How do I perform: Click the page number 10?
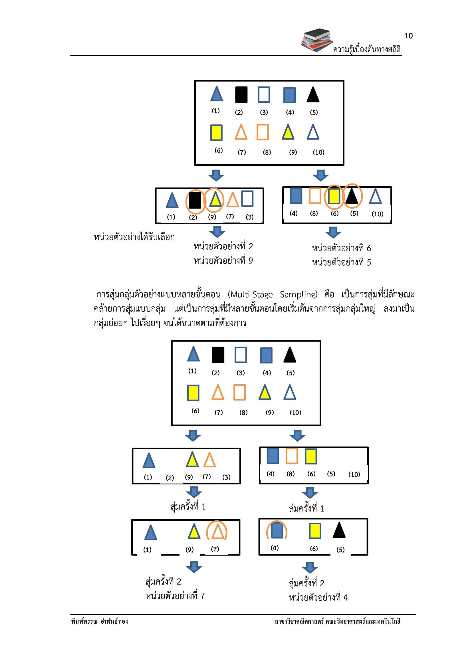[x=408, y=36]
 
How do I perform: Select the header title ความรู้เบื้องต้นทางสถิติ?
[x=367, y=49]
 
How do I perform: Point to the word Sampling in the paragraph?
[x=298, y=295]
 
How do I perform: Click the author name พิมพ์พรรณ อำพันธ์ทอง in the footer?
[x=99, y=622]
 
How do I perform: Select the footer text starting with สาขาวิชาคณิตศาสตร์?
[x=337, y=622]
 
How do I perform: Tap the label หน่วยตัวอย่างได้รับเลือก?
[x=134, y=237]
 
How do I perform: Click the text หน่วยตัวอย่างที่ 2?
[x=223, y=246]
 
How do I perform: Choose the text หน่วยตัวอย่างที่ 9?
[x=223, y=260]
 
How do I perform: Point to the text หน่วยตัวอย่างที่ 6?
[x=342, y=248]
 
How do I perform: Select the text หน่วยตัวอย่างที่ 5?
[x=342, y=262]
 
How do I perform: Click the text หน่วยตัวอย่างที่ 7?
[x=175, y=596]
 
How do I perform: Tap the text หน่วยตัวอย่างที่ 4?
[x=318, y=598]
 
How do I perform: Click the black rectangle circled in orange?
[x=195, y=201]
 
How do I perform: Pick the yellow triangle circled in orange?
[x=215, y=199]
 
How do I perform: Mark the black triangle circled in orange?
[x=352, y=196]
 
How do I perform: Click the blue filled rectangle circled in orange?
[x=277, y=530]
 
